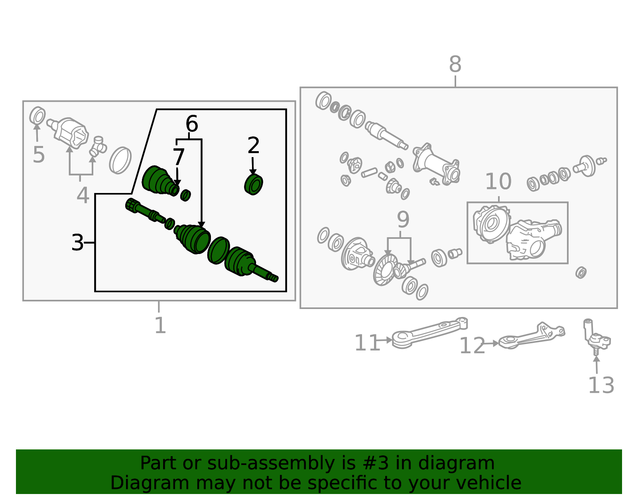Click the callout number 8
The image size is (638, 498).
pos(455,64)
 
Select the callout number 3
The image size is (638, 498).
pos(77,243)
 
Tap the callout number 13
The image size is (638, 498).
pos(601,385)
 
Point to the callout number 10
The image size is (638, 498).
pos(498,181)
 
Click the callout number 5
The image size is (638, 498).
pos(39,155)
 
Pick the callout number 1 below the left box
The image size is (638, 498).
pos(160,325)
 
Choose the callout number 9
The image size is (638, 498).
pos(403,220)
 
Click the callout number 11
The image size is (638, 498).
pos(367,343)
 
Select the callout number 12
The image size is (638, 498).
pos(472,346)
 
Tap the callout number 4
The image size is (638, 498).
pos(83,195)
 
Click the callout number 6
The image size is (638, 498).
pos(192,124)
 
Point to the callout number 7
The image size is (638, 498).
pos(179,157)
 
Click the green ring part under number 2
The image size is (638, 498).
pos(254,184)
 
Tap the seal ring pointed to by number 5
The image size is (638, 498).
pos(37,116)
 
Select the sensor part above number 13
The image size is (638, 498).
pos(597,337)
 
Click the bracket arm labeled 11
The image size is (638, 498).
pos(429,333)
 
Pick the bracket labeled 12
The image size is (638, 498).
pos(532,336)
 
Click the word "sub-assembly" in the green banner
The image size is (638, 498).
pos(271,463)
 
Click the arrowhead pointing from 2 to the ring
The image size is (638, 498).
pos(253,172)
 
